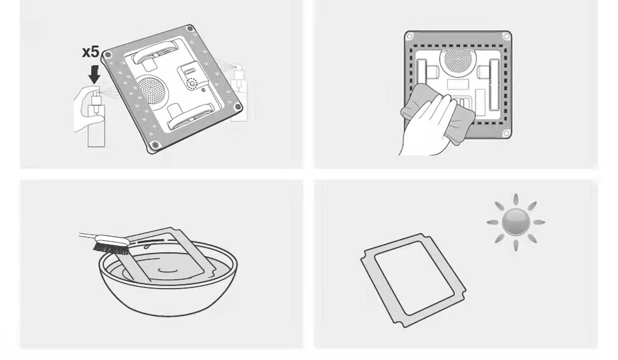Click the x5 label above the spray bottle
pos(91,52)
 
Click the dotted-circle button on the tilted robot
pos(191,83)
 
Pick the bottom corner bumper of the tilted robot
pos(154,148)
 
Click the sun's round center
pos(515,222)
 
